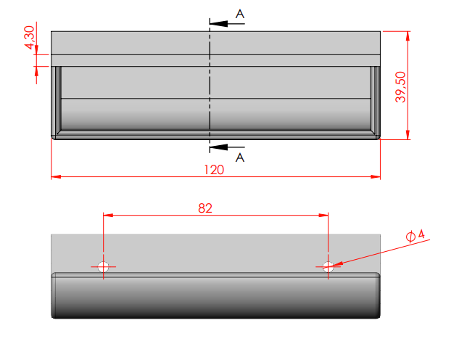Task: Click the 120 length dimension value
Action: [214, 170]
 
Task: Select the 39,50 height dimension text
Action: [400, 87]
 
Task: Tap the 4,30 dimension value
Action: [30, 37]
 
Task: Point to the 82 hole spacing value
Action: [205, 208]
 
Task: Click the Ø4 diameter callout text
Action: [416, 235]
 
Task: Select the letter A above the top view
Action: [240, 14]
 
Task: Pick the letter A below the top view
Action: [240, 157]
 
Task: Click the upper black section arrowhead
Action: [218, 23]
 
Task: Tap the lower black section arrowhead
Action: [218, 147]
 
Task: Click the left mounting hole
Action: [104, 266]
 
